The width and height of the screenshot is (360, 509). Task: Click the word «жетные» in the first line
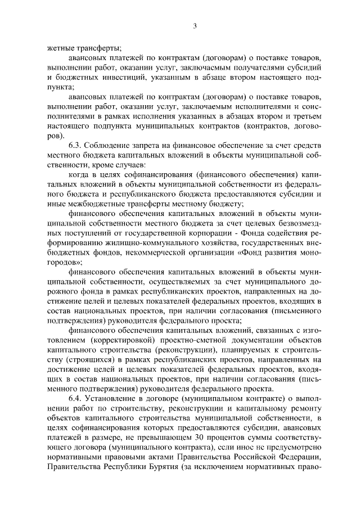(60, 49)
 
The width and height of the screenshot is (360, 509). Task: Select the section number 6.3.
(76, 146)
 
